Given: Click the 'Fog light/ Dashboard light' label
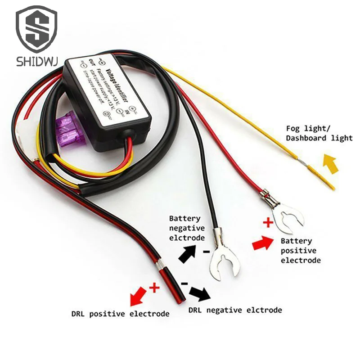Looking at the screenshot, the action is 319,133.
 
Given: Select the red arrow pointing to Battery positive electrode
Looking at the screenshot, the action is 264,243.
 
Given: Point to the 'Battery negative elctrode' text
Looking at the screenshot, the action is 187,228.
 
